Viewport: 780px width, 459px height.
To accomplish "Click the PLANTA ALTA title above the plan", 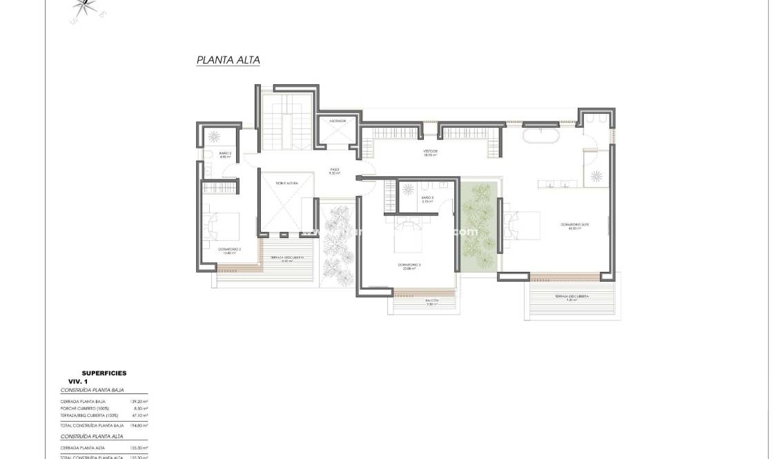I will click(228, 60).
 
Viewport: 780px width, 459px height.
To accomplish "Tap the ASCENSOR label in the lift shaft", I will click(338, 121).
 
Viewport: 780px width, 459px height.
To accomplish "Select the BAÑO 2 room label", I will click(224, 154).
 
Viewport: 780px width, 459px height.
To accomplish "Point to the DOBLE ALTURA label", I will click(285, 183).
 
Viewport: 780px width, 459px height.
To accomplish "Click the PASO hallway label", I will click(334, 170).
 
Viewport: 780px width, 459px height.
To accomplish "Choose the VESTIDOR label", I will click(431, 153).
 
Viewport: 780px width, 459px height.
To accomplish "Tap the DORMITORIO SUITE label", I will click(570, 226).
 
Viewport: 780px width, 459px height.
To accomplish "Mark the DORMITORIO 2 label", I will click(229, 251).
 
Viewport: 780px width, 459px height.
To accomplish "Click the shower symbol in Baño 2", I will click(215, 135).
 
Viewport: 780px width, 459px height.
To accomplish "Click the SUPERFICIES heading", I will click(104, 373).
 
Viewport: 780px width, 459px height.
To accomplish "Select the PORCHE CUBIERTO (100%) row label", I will click(89, 408).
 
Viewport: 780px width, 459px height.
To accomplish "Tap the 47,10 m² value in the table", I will click(140, 416).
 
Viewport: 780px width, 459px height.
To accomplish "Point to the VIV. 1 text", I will click(77, 382).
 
